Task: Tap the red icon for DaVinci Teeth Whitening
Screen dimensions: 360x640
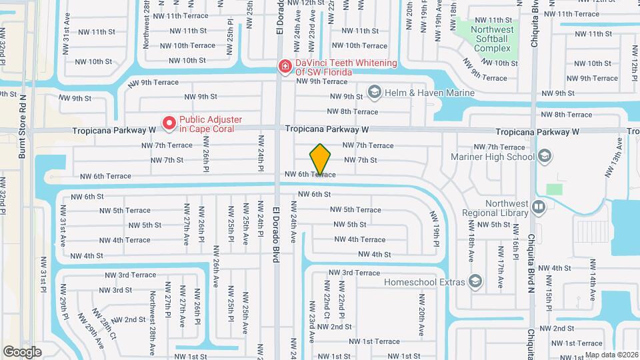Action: [x=285, y=65]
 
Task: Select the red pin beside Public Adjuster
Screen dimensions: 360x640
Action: [x=169, y=123]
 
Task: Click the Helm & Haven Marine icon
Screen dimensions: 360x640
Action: [x=373, y=93]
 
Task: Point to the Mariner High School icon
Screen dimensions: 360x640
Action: [x=545, y=157]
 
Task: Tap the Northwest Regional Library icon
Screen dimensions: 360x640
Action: [x=538, y=207]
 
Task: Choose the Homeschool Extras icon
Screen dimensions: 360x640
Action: [x=475, y=281]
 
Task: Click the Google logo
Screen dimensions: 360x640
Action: [x=22, y=351]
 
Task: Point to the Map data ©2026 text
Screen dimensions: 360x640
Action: [x=609, y=355]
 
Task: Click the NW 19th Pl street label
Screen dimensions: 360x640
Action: [x=436, y=229]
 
